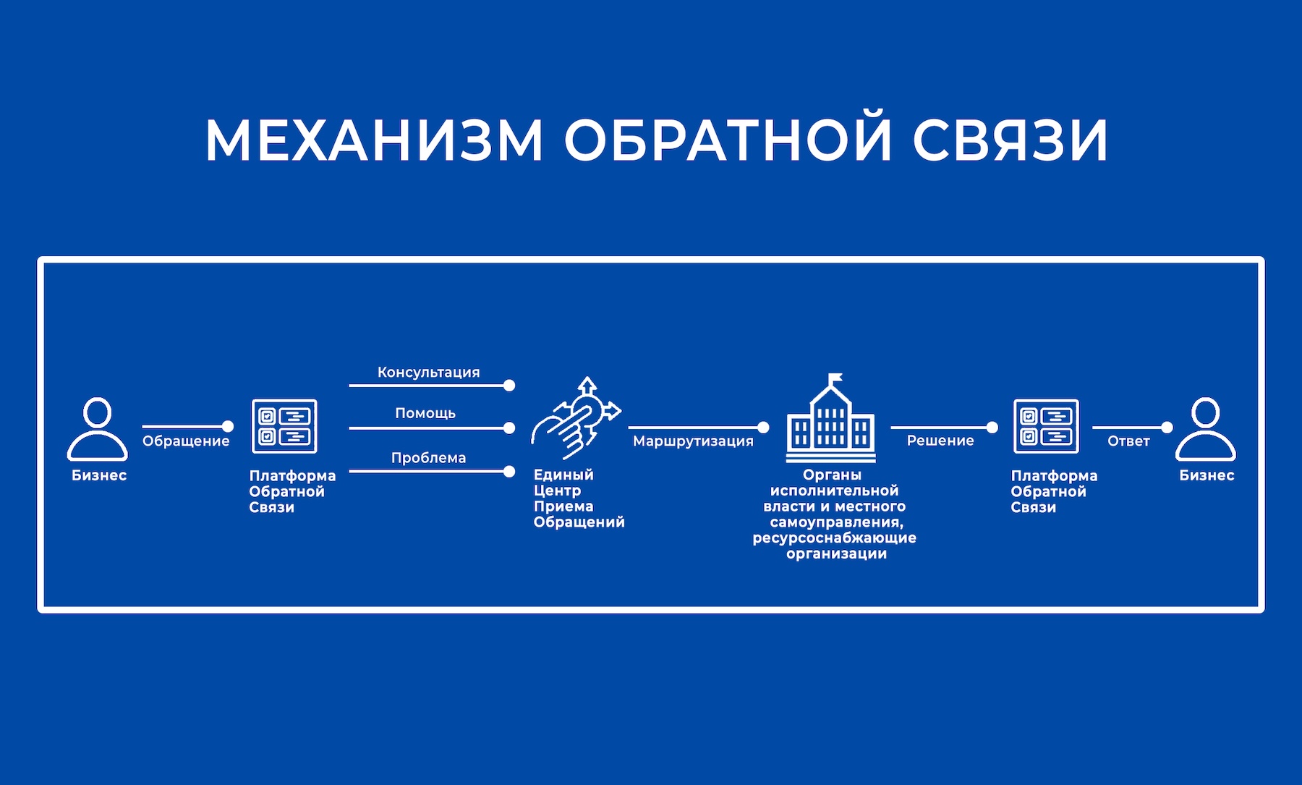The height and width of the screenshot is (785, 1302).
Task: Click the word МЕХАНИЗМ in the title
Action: click(374, 140)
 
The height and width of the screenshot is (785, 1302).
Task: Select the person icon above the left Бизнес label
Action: click(98, 429)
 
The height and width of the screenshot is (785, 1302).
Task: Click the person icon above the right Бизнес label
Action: click(1205, 429)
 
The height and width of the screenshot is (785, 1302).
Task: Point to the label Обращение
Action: click(186, 441)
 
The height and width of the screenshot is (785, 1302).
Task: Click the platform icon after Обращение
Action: click(284, 426)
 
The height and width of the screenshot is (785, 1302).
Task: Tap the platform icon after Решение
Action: click(1046, 426)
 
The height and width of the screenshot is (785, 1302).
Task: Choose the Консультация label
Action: click(428, 373)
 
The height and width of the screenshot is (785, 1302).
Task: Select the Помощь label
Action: click(425, 413)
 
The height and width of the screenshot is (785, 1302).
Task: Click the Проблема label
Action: click(428, 458)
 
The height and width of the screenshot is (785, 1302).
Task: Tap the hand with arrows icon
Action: click(577, 419)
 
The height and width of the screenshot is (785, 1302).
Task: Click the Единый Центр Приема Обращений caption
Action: click(578, 498)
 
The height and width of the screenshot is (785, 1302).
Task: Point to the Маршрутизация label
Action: click(693, 441)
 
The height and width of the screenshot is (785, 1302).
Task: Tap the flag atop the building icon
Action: click(835, 378)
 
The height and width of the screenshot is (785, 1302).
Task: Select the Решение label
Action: click(940, 441)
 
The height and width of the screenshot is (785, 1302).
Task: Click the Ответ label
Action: click(1128, 441)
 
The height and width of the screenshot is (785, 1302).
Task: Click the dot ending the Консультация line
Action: click(509, 386)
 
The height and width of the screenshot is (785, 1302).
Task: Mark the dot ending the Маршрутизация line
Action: click(763, 428)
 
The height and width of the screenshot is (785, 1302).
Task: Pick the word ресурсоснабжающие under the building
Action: click(834, 538)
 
